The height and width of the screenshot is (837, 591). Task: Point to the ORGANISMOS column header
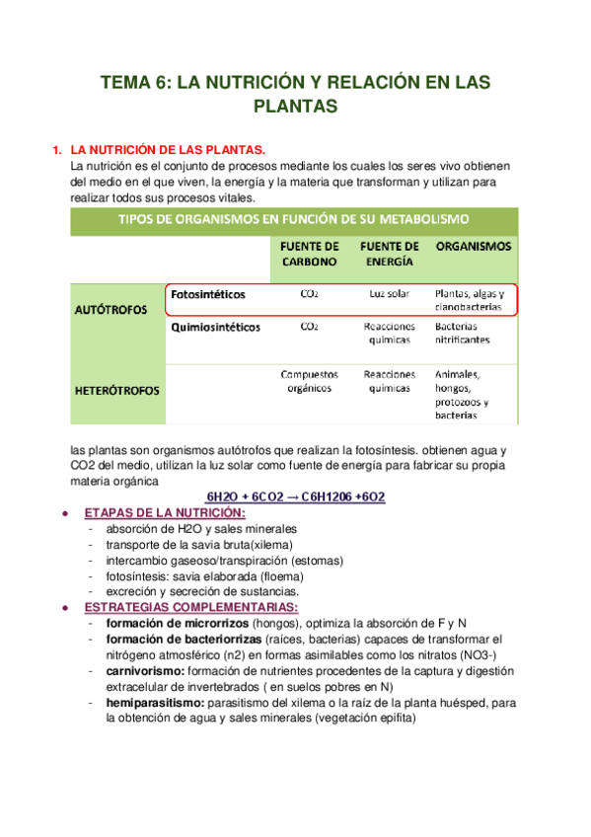(473, 246)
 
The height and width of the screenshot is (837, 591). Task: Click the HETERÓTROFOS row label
(117, 390)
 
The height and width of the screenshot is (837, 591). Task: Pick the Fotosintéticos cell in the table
(208, 294)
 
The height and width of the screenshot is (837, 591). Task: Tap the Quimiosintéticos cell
(216, 327)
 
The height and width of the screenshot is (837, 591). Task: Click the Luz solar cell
(389, 294)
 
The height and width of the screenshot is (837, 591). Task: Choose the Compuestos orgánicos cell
(309, 381)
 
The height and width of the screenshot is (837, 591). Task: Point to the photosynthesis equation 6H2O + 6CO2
(295, 496)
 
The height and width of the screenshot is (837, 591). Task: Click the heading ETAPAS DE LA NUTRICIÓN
(166, 513)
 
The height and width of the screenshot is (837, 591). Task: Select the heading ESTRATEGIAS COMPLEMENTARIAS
(191, 606)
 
